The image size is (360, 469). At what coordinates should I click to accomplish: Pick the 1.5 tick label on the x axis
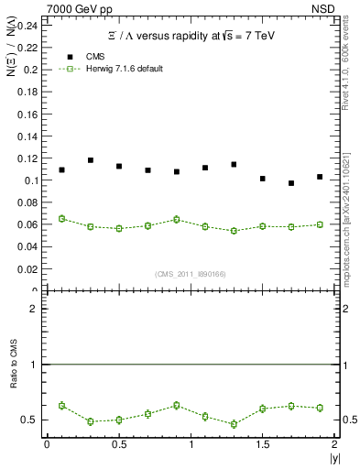coord(263,444)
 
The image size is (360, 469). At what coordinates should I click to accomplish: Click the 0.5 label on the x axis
coord(118,444)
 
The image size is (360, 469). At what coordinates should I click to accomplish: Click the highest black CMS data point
coord(91,160)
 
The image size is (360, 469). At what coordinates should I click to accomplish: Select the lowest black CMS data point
coord(291,183)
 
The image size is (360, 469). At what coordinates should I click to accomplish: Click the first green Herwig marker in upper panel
coord(61,219)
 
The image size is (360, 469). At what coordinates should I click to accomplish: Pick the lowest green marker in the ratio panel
coord(234,424)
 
